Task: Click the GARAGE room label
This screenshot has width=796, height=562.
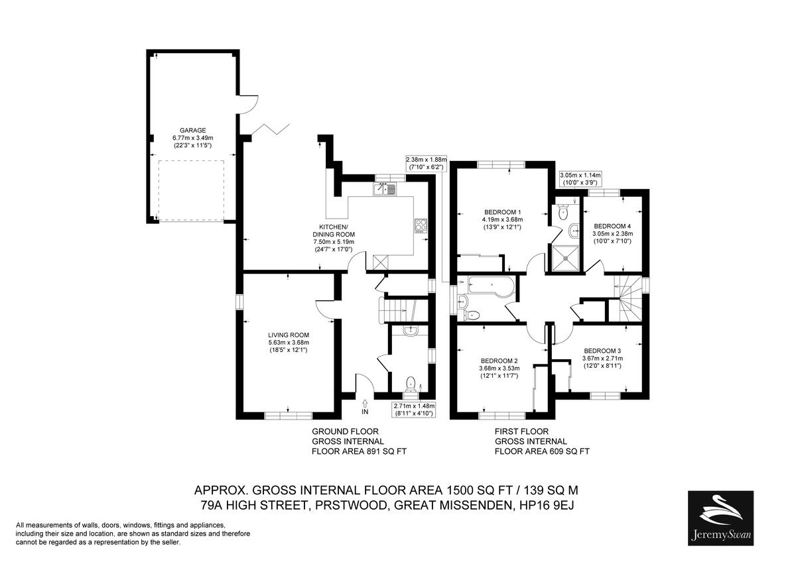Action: pyautogui.click(x=192, y=131)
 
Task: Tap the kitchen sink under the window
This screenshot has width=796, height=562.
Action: pyautogui.click(x=385, y=190)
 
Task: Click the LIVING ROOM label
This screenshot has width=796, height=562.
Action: pyautogui.click(x=289, y=335)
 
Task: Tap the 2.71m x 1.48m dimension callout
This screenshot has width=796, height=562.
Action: pyautogui.click(x=414, y=410)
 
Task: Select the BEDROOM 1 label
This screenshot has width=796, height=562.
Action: pyautogui.click(x=500, y=212)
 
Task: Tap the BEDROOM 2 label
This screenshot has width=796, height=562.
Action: pyautogui.click(x=499, y=361)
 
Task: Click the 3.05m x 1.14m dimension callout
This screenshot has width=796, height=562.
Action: pyautogui.click(x=580, y=179)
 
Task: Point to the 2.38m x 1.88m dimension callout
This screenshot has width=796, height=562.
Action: pyautogui.click(x=427, y=163)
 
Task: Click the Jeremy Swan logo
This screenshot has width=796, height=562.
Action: pyautogui.click(x=720, y=518)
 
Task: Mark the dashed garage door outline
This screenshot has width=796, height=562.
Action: pyautogui.click(x=191, y=191)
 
